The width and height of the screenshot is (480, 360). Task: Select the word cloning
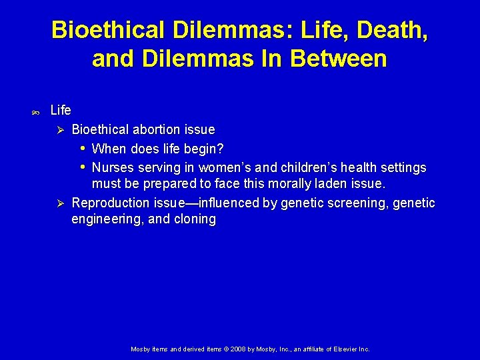(196, 219)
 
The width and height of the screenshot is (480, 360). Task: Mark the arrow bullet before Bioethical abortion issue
(59, 129)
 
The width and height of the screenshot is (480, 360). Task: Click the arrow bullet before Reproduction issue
(59, 203)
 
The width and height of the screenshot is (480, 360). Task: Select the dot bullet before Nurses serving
(83, 166)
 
